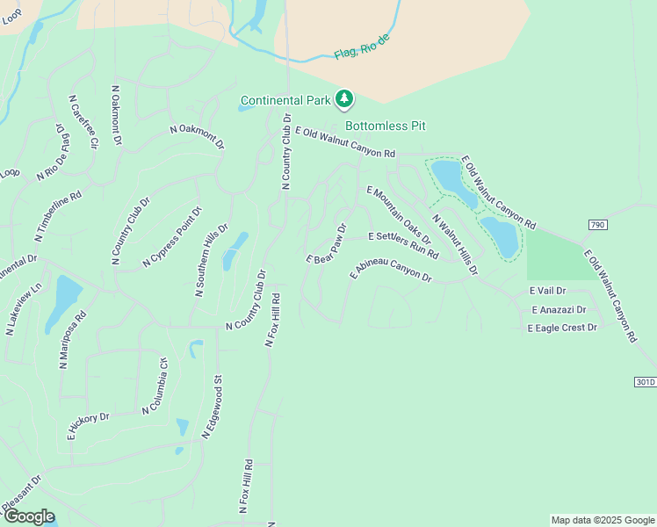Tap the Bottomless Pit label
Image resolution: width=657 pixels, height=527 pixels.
tap(385, 126)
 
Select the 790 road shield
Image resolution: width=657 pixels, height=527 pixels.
tap(598, 225)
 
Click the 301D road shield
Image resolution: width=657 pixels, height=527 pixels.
tap(645, 382)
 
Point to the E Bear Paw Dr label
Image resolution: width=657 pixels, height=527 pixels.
tap(328, 243)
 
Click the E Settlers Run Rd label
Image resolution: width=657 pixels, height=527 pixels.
tap(403, 243)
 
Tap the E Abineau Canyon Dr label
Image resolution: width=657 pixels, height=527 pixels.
tap(391, 270)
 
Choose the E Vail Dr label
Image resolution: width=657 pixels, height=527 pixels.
tap(548, 291)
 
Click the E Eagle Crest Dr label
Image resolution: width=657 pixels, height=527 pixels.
tap(562, 328)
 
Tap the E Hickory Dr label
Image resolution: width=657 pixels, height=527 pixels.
tap(88, 425)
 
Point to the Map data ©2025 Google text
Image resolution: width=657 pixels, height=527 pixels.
tap(603, 520)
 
